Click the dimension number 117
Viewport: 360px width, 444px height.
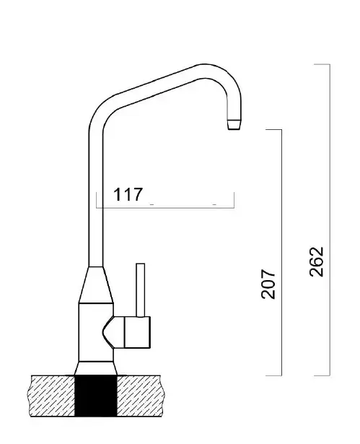(x=128, y=194)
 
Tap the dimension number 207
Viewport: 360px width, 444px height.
(x=268, y=284)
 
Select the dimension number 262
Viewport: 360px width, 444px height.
(x=316, y=261)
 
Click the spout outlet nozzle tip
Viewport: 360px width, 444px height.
(x=234, y=125)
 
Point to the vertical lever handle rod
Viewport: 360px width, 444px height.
(x=141, y=290)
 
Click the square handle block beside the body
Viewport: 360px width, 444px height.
(x=137, y=332)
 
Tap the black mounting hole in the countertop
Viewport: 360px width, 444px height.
(x=96, y=396)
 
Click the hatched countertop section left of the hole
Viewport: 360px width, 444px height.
(x=53, y=396)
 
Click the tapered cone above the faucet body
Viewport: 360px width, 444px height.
(x=96, y=285)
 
